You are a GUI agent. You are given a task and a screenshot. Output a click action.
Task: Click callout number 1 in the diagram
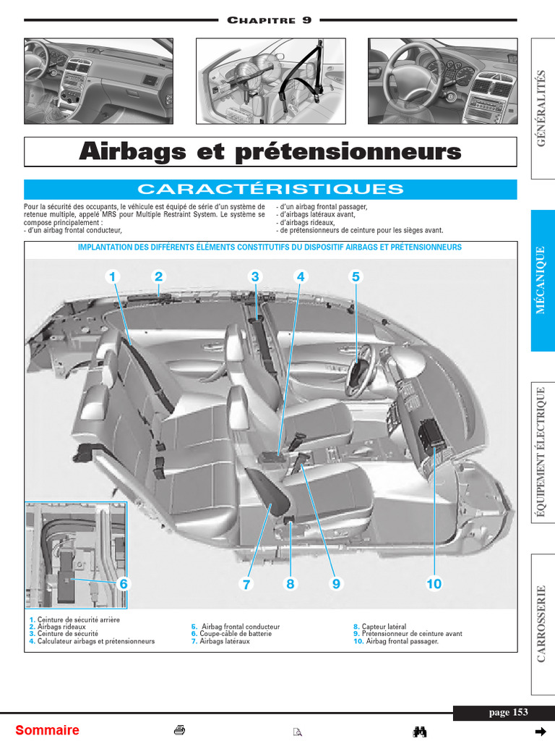click(113, 276)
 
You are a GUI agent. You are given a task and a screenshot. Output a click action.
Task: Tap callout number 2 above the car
click(159, 276)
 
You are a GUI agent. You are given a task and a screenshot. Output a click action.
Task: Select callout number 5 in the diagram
click(356, 276)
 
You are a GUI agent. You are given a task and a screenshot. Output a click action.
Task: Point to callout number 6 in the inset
click(123, 583)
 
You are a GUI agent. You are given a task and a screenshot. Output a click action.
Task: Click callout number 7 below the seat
click(246, 585)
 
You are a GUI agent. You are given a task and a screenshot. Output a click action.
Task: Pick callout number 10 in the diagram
click(434, 584)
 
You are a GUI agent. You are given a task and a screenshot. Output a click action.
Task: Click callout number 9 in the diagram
click(335, 584)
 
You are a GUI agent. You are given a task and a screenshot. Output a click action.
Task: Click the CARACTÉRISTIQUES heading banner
click(270, 190)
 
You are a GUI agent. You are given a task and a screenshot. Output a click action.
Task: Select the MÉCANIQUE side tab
click(543, 281)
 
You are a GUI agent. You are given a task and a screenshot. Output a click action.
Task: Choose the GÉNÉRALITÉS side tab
click(543, 109)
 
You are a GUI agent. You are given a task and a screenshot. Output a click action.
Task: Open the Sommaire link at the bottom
click(47, 730)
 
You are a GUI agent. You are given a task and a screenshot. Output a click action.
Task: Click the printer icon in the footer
click(180, 730)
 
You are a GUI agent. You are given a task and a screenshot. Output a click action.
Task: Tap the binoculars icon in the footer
click(420, 731)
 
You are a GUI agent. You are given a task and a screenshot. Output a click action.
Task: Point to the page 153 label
click(509, 713)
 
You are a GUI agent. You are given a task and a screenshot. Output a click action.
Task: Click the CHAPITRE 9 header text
click(270, 20)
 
